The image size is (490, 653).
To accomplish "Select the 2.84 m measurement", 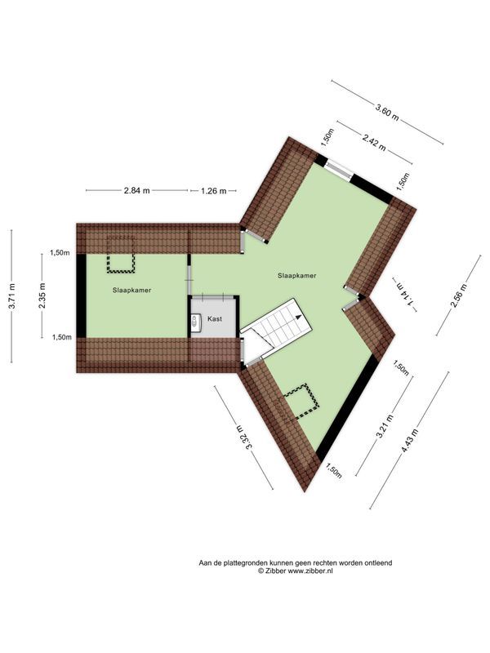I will tap(136, 191).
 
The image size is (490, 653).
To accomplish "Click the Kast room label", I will tap(215, 319).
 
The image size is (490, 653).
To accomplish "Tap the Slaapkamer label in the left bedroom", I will tap(131, 290).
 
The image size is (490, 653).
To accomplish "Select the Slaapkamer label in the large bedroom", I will tap(296, 276).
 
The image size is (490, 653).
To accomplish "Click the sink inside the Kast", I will tap(195, 322).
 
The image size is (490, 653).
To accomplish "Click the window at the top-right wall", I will tap(337, 168).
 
